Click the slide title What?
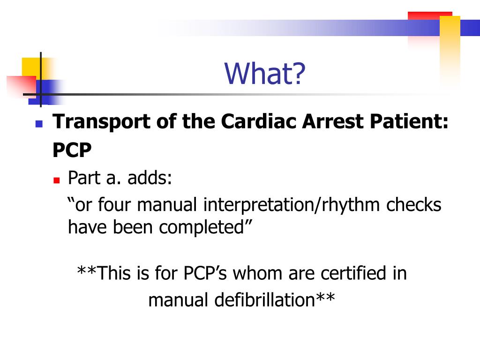[265, 74]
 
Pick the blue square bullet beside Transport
[39, 124]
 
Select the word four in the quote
[115, 205]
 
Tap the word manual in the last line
[179, 300]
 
